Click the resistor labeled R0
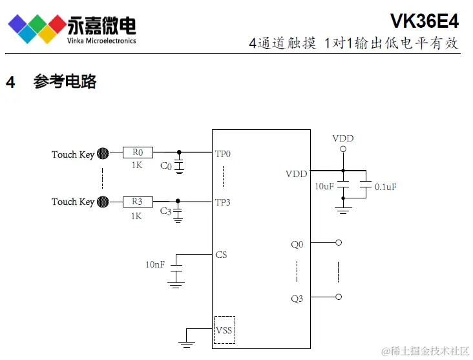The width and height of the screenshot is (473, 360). click(x=138, y=153)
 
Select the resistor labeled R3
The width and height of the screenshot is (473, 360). click(x=138, y=202)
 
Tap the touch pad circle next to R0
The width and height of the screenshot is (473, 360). click(x=103, y=154)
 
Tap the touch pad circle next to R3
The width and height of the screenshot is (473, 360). click(x=103, y=202)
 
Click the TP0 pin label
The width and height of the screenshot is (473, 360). click(x=223, y=154)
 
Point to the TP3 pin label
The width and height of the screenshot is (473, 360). click(x=223, y=202)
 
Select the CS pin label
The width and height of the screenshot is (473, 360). click(x=221, y=255)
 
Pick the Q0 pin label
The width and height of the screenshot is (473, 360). click(x=297, y=244)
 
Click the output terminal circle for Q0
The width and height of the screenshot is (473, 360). click(x=338, y=243)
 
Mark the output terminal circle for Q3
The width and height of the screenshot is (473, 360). click(x=338, y=297)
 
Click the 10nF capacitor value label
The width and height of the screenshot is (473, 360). click(x=156, y=264)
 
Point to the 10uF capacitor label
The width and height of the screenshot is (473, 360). click(x=324, y=186)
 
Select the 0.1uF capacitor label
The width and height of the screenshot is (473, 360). click(x=386, y=187)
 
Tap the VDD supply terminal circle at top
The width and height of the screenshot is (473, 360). click(x=343, y=149)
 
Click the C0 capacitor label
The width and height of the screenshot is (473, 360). click(x=166, y=166)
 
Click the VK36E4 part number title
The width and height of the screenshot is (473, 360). click(x=424, y=22)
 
